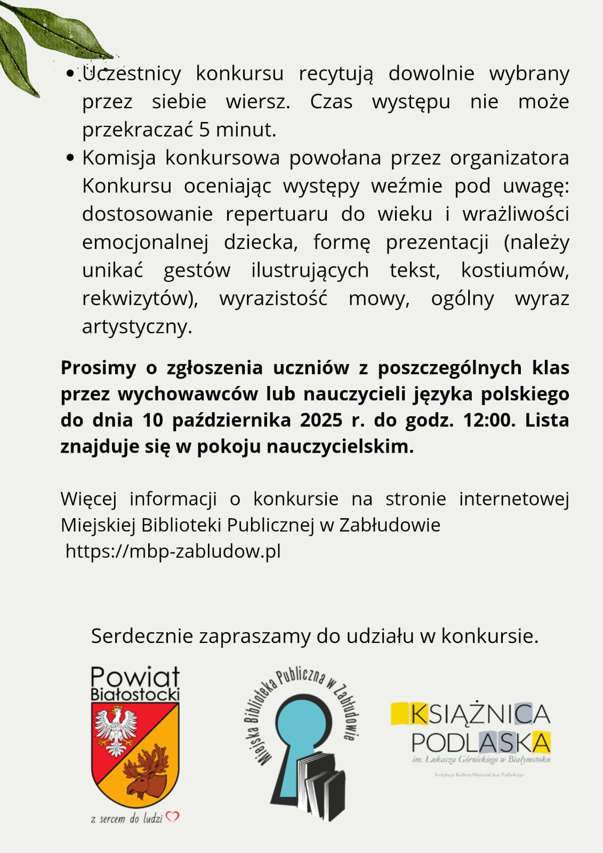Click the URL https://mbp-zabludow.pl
point(173,551)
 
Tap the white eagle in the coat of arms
point(115,730)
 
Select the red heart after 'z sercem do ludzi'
point(172,817)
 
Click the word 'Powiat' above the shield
point(135,677)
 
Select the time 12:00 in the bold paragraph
point(486,420)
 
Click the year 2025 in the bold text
point(321,420)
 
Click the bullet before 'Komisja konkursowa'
point(70,158)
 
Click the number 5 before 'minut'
point(204,130)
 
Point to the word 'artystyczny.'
point(137,326)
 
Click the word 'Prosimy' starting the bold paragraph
point(99,368)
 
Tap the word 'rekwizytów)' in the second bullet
point(140,299)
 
